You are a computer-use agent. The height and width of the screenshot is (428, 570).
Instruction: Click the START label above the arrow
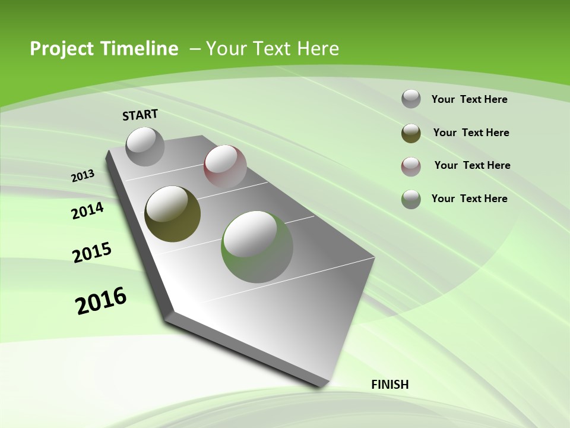140,114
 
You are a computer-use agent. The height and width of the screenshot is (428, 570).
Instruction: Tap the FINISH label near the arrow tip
390,385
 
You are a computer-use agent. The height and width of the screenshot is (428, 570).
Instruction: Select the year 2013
83,176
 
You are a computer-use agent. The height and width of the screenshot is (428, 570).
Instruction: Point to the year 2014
87,211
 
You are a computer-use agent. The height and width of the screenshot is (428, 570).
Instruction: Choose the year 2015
91,253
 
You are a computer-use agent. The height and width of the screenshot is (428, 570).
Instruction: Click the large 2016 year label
101,301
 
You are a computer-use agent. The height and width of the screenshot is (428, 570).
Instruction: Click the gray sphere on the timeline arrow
145,146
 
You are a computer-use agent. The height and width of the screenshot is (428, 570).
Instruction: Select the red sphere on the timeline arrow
225,166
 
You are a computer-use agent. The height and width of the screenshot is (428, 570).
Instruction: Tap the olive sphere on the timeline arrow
173,214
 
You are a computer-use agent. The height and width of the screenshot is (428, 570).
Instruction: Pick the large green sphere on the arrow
257,247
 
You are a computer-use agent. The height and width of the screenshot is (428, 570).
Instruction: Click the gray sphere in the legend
411,99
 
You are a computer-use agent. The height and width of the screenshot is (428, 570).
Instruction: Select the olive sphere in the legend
411,133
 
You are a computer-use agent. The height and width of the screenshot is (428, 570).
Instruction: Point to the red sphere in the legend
411,166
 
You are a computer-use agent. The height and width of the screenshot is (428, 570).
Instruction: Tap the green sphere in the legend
411,199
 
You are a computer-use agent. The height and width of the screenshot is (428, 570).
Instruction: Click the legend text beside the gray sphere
469,99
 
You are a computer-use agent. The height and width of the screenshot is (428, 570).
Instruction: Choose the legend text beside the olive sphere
471,133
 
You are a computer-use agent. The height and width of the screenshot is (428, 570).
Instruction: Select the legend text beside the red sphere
472,165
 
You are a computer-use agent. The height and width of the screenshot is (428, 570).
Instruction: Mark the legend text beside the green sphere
469,199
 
